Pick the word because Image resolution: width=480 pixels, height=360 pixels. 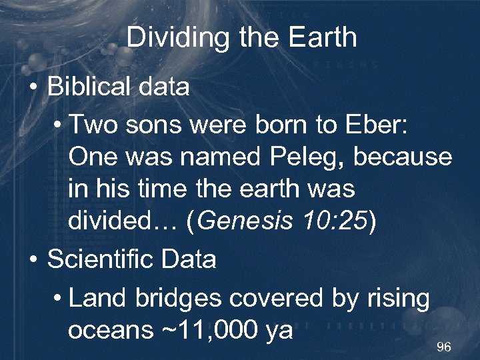point(403,157)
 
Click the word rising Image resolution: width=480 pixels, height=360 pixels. point(399,299)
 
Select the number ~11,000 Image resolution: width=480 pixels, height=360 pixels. point(207,329)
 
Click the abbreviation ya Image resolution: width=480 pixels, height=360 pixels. point(279,331)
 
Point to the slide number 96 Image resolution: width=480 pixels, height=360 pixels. point(443,347)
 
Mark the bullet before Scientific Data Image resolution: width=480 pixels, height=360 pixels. point(33,259)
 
